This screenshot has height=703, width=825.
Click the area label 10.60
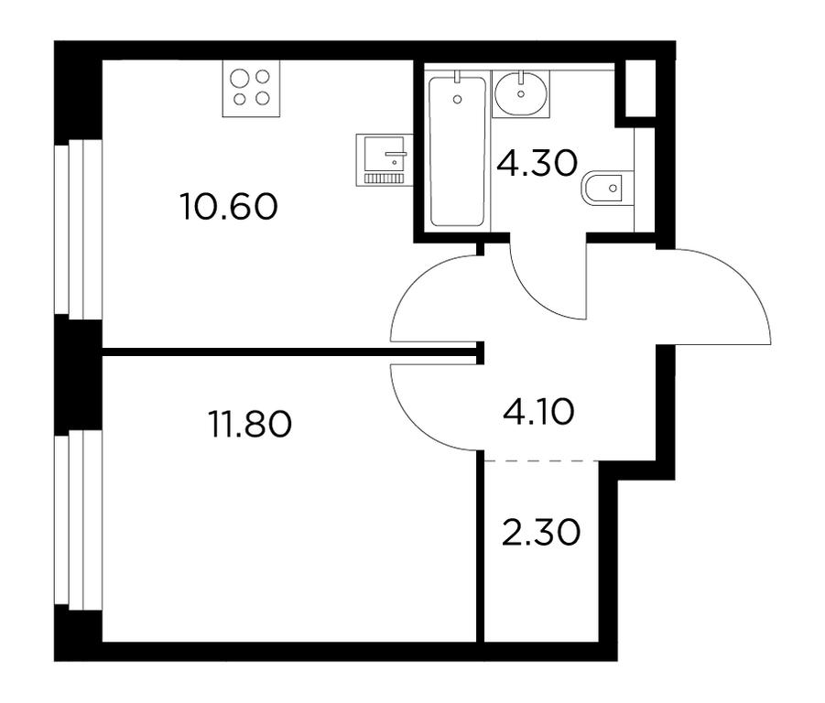(x=229, y=206)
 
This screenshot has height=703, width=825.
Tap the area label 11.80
(x=250, y=424)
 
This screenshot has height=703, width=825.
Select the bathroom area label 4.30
(x=537, y=163)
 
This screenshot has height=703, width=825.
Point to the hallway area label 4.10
(x=538, y=411)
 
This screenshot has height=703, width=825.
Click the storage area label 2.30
(x=541, y=532)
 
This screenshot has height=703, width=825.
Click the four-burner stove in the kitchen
(x=251, y=89)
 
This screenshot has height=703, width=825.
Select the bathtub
(x=457, y=151)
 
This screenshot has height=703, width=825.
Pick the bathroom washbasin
(x=521, y=93)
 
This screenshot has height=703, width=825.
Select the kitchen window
(x=78, y=229)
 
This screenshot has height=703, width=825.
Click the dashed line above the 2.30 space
(x=541, y=461)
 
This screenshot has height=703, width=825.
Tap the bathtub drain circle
(x=457, y=99)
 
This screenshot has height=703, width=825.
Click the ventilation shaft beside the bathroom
(x=640, y=89)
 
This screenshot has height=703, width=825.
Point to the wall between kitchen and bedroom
(x=292, y=351)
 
